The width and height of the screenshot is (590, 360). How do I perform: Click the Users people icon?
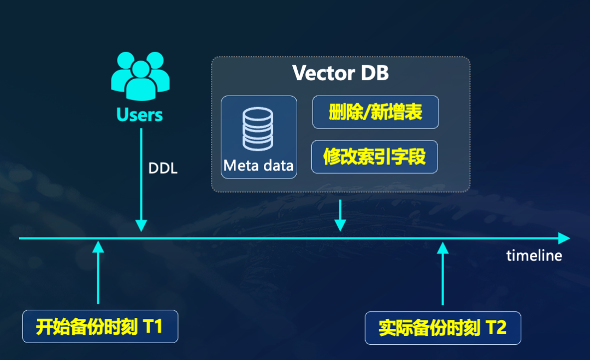tap(140, 77)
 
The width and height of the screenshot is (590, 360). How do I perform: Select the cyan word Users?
tap(140, 115)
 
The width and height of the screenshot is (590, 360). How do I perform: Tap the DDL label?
tap(163, 168)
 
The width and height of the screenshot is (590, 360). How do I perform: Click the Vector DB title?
tap(340, 73)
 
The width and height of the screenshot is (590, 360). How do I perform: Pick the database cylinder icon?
tap(258, 129)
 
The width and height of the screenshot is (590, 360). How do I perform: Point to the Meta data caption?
tap(258, 165)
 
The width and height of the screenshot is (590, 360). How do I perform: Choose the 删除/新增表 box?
tap(375, 113)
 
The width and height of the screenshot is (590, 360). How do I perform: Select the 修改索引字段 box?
tap(374, 157)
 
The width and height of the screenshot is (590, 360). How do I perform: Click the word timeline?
tap(534, 255)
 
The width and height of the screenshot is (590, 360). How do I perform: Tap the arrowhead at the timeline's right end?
tap(564, 238)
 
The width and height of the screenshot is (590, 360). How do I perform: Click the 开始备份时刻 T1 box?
tap(100, 327)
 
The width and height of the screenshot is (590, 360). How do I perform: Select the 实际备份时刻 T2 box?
tap(442, 328)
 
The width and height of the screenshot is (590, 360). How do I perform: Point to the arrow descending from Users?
tap(141, 180)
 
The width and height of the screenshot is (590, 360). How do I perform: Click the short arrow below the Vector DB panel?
tap(340, 215)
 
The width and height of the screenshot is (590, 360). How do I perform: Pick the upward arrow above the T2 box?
tap(442, 273)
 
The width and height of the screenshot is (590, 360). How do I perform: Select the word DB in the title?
tap(375, 73)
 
